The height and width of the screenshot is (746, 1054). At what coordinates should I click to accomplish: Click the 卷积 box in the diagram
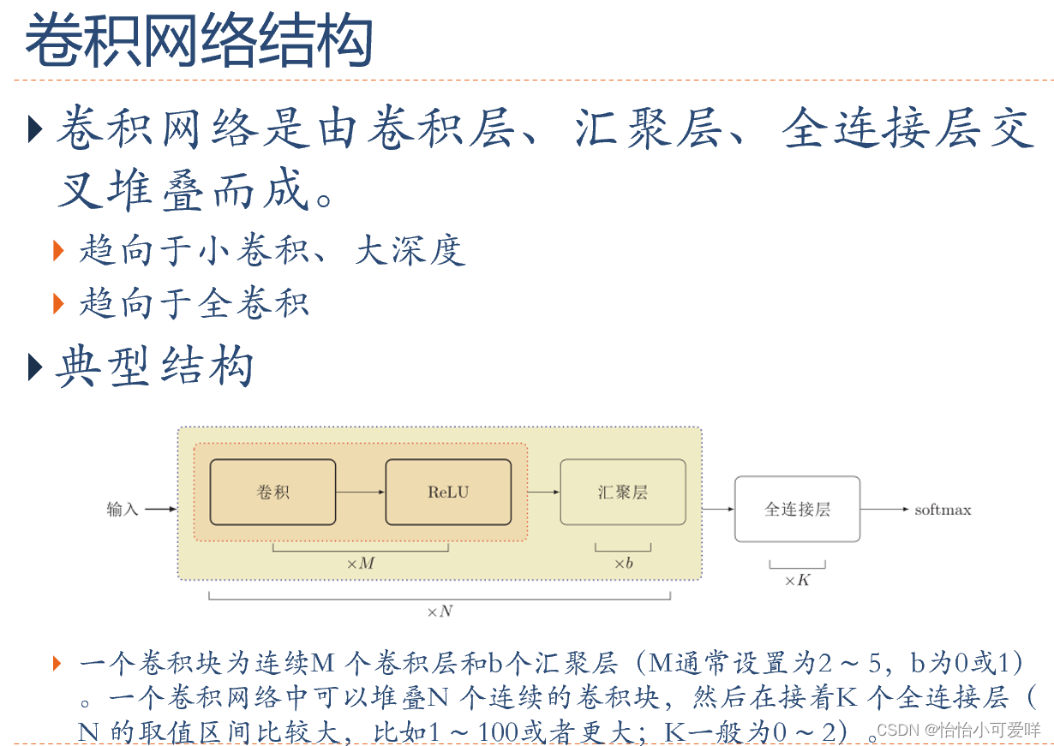coord(272,492)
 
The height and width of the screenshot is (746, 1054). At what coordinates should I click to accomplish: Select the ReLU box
coord(448,492)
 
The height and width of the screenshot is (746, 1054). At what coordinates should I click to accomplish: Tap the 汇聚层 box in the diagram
coord(622,492)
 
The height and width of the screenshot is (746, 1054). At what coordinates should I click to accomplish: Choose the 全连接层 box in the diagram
coord(797,510)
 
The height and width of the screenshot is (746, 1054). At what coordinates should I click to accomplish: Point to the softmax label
coord(943,510)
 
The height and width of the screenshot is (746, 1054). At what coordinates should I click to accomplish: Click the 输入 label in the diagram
coord(123,510)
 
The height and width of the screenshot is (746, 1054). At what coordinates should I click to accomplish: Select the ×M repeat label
coord(360,564)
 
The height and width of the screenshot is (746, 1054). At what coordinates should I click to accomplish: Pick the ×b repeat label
coord(623,564)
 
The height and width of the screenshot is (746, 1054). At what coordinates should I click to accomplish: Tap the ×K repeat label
coord(797,581)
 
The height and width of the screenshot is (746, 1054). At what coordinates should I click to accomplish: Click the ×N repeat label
coord(439,612)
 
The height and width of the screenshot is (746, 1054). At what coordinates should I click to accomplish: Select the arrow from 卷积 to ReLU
coord(360,492)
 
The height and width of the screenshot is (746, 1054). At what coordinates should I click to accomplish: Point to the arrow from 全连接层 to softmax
coord(884,510)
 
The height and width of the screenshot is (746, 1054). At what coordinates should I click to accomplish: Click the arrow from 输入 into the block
coord(160,510)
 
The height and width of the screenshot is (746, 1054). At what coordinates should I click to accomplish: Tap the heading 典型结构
coord(154,367)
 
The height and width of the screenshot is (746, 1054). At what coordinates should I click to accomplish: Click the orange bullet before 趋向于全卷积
coord(58,302)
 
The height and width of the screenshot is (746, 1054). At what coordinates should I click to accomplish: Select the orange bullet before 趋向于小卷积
coord(58,250)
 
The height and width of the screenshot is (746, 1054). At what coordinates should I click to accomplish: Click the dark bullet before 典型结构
coord(34,367)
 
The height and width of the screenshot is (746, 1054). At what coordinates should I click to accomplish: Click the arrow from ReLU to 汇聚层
coord(543,492)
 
